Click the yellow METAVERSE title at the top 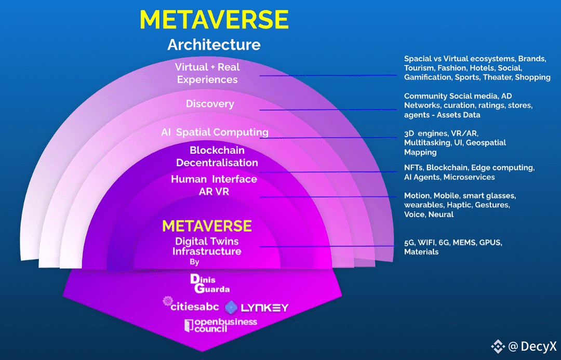pyautogui.click(x=214, y=20)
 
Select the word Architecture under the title pyautogui.click(x=214, y=45)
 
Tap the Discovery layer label pyautogui.click(x=210, y=104)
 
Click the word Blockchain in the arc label pyautogui.click(x=217, y=151)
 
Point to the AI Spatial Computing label pyautogui.click(x=215, y=132)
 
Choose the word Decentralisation pyautogui.click(x=217, y=163)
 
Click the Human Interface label pyautogui.click(x=214, y=179)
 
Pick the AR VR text pyautogui.click(x=214, y=191)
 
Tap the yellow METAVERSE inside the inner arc pyautogui.click(x=207, y=226)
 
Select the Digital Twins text pyautogui.click(x=207, y=242)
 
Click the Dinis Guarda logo pyautogui.click(x=210, y=284)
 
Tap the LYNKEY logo pyautogui.click(x=257, y=308)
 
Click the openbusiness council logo pyautogui.click(x=221, y=326)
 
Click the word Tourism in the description pyautogui.click(x=420, y=68)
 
